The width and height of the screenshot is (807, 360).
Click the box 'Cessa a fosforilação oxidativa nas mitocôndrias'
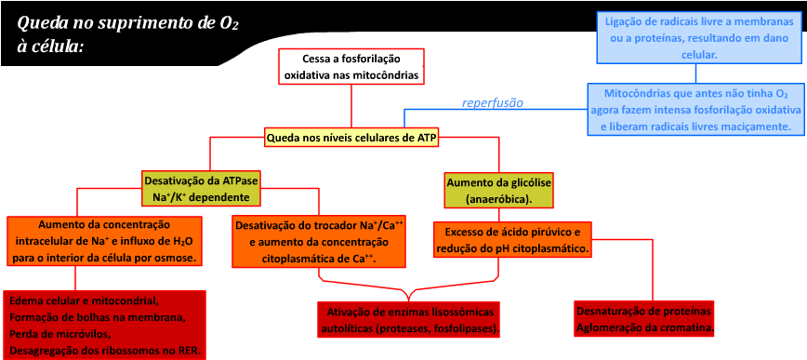(x=351, y=66)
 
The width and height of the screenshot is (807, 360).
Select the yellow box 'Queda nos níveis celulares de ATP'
(x=351, y=138)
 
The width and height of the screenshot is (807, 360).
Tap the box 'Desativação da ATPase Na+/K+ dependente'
(x=201, y=189)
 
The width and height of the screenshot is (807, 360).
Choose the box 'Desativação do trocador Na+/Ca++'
(x=319, y=241)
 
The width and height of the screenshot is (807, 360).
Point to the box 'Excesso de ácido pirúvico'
(x=513, y=239)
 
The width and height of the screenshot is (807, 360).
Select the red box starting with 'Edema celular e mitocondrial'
(x=104, y=326)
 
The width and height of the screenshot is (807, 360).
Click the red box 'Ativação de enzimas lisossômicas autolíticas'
(x=409, y=319)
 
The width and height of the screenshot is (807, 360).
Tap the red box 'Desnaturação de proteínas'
(x=644, y=318)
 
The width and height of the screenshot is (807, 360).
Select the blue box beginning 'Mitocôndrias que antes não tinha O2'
(x=696, y=110)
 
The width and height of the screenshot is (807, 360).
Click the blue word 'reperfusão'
(x=493, y=102)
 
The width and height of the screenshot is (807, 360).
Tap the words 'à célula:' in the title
(x=51, y=45)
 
